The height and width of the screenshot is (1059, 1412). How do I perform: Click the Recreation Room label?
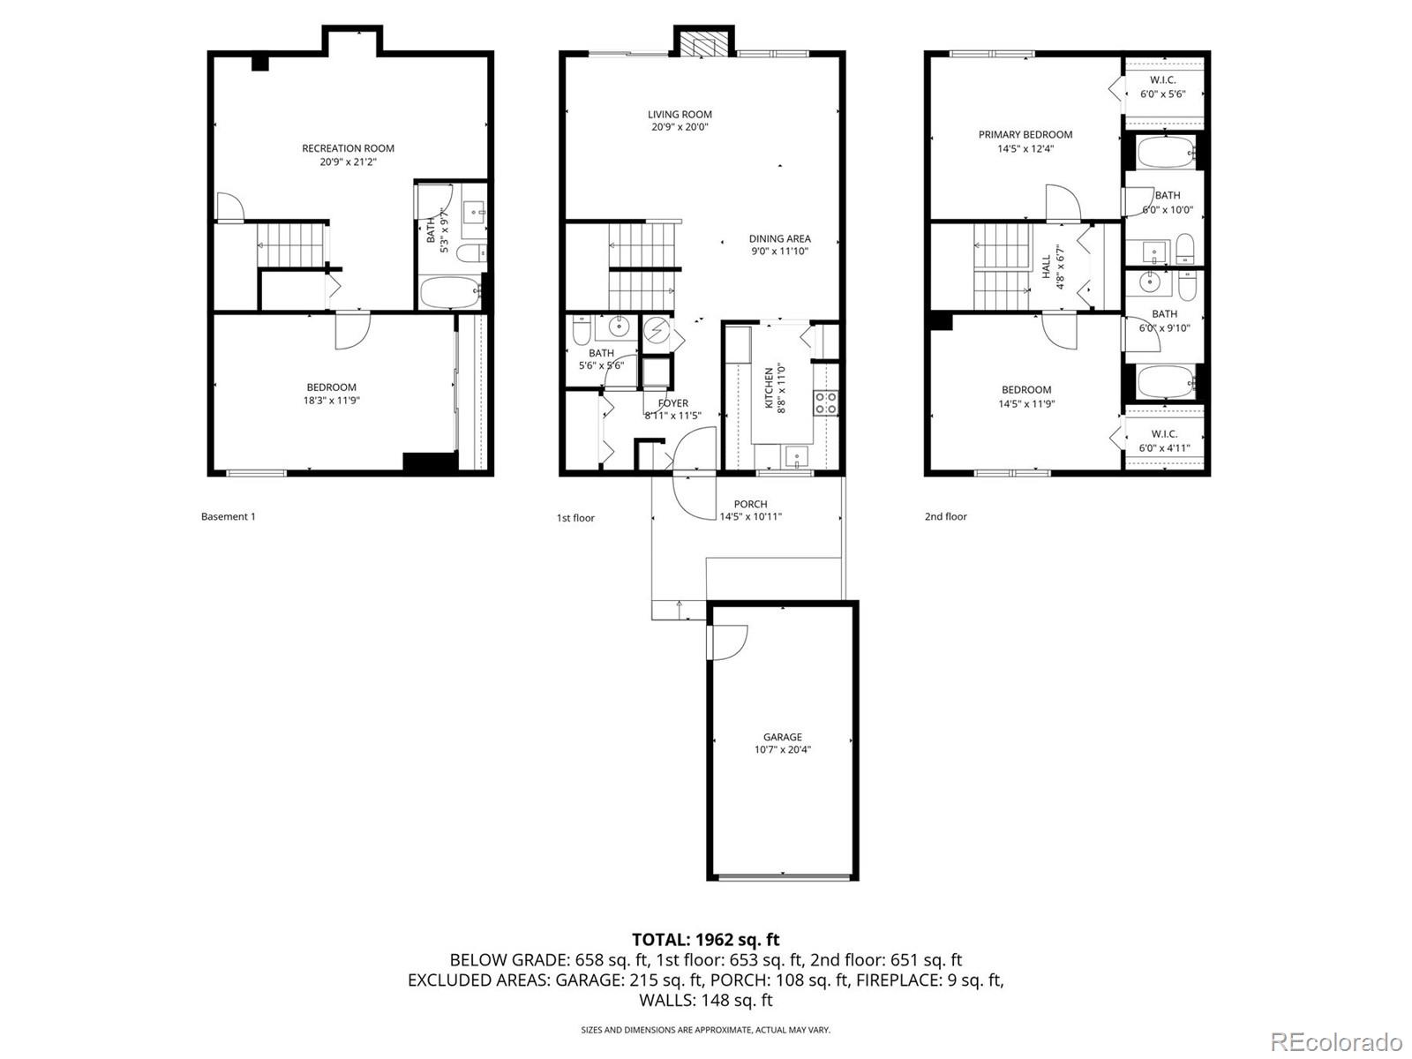(348, 148)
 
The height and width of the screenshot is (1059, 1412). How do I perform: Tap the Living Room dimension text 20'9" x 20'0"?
(680, 127)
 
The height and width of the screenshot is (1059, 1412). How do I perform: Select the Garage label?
(783, 737)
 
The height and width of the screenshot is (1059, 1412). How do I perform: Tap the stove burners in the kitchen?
(826, 403)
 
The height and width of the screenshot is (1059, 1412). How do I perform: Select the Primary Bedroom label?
(1025, 135)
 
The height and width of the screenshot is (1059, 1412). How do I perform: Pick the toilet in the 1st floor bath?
(582, 331)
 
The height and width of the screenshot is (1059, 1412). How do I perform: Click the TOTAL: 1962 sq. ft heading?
(705, 940)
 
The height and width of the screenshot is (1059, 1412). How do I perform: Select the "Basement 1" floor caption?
(228, 516)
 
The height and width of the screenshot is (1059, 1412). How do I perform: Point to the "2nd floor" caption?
(945, 516)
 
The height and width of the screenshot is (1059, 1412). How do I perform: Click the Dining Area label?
(780, 238)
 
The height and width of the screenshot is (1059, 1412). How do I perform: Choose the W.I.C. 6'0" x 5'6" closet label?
(1163, 86)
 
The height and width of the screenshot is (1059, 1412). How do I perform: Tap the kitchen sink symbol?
(796, 458)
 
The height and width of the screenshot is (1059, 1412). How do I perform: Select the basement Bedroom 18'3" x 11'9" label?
(332, 394)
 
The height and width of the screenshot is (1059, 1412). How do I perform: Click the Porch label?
(750, 504)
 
